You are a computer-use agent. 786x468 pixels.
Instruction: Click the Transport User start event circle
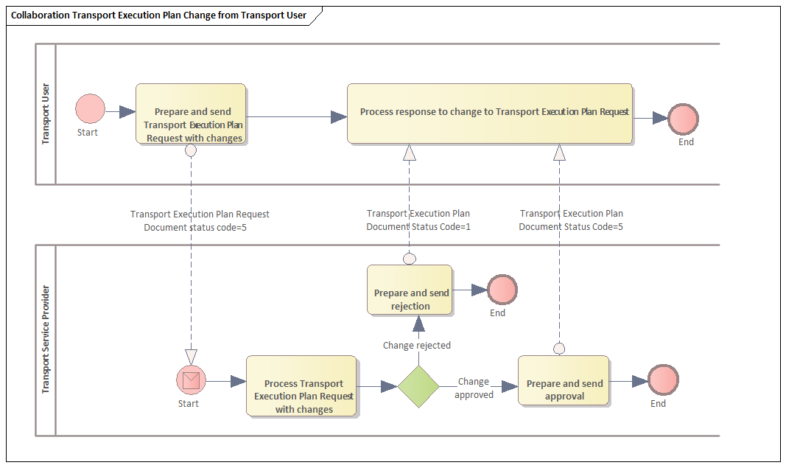pyautogui.click(x=90, y=108)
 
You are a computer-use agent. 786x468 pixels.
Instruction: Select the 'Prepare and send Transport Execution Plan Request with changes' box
pyautogui.click(x=191, y=113)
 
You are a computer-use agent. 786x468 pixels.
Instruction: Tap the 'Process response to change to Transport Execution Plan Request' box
pyautogui.click(x=490, y=113)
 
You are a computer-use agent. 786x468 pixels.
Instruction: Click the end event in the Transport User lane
pyautogui.click(x=683, y=118)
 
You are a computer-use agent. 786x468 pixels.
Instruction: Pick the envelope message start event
pyautogui.click(x=191, y=381)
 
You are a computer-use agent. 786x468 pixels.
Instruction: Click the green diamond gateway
pyautogui.click(x=418, y=386)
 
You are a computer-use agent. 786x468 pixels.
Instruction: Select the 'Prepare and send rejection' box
pyautogui.click(x=410, y=290)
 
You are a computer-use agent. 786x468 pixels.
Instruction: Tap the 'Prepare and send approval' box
pyautogui.click(x=564, y=380)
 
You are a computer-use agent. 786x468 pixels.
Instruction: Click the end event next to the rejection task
pyautogui.click(x=502, y=290)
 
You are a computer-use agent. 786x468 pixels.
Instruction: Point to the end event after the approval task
pyautogui.click(x=663, y=380)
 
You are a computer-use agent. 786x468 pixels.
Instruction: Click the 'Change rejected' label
pyautogui.click(x=417, y=345)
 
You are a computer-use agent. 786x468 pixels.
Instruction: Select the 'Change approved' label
pyautogui.click(x=474, y=388)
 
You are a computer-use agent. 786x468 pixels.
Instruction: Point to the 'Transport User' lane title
pyautogui.click(x=46, y=113)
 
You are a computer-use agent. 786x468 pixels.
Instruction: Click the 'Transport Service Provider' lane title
pyautogui.click(x=46, y=339)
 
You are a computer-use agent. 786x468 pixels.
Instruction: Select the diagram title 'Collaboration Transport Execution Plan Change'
pyautogui.click(x=158, y=15)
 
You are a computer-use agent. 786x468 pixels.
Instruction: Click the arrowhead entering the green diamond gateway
pyautogui.click(x=389, y=386)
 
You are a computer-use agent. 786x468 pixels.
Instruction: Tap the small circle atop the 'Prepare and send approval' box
pyautogui.click(x=559, y=349)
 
